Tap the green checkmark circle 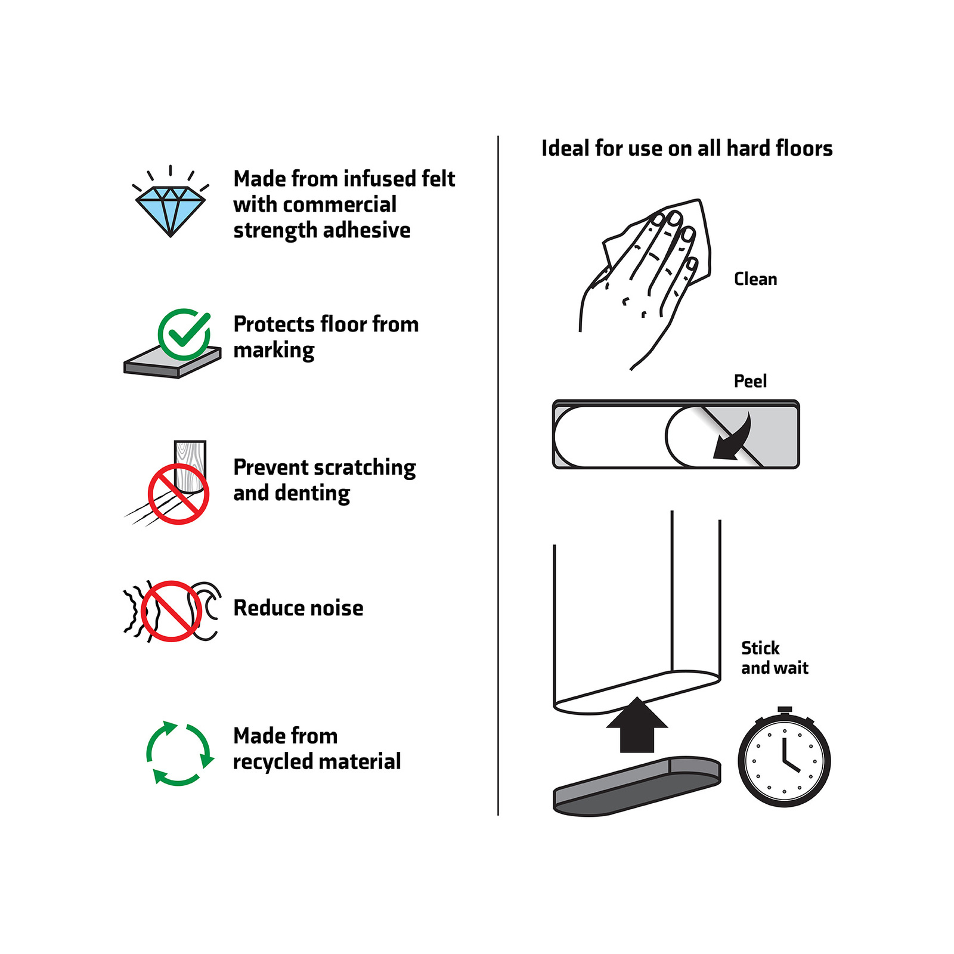(x=184, y=334)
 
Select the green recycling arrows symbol (x=179, y=754)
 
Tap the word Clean (x=755, y=279)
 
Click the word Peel (x=750, y=381)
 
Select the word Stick (x=760, y=648)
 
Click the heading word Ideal (x=565, y=148)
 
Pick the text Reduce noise (x=298, y=608)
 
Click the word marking (x=274, y=351)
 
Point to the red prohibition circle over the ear (x=171, y=611)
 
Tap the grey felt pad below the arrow (x=637, y=786)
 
